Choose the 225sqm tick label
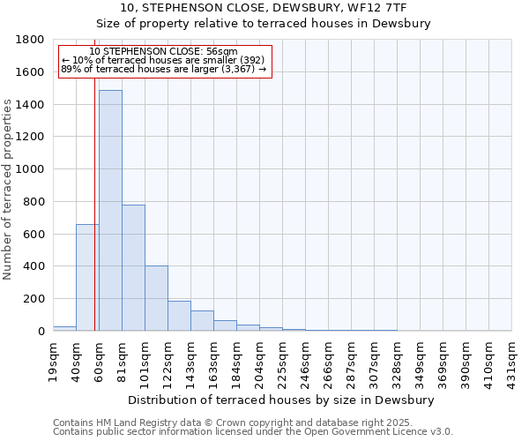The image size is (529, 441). pos(282,362)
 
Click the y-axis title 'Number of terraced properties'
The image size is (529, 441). pos(9,190)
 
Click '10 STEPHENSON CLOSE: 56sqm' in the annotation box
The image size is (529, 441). pos(164,52)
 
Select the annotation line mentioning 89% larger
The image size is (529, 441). pos(164,69)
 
